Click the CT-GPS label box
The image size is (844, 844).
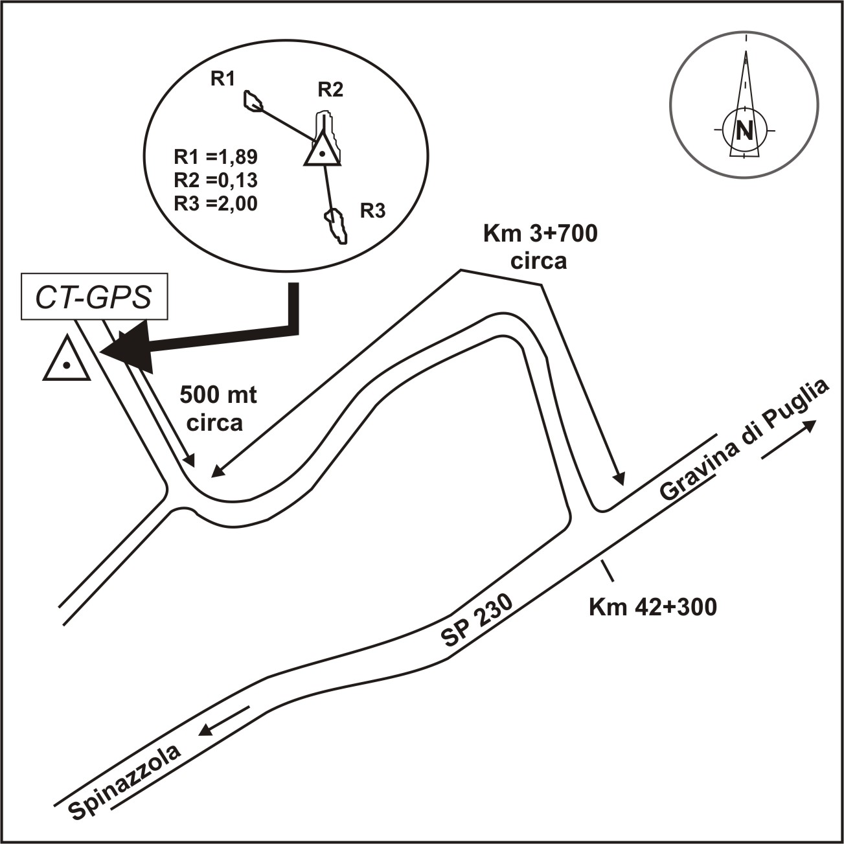[x=95, y=298]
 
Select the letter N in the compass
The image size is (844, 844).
[x=745, y=131]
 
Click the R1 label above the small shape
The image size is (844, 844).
[x=222, y=79]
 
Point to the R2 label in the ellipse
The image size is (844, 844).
[x=330, y=89]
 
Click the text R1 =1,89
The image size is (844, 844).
[x=216, y=157]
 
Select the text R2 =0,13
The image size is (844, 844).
[x=216, y=180]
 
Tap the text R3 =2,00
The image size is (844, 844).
[x=216, y=203]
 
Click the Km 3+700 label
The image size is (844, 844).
[x=540, y=234]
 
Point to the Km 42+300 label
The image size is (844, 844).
[x=652, y=608]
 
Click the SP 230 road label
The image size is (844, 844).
[x=477, y=621]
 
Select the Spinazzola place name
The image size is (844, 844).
[x=125, y=783]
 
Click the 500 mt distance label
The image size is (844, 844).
[x=218, y=394]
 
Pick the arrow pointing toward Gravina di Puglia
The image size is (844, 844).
[x=789, y=439]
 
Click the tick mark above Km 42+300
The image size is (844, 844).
[x=607, y=570]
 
